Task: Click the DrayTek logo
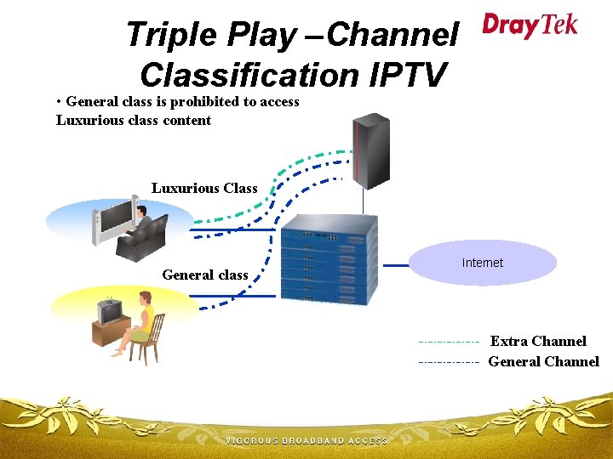coord(530,25)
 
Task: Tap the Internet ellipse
coord(483,263)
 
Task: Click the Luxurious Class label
coord(204,188)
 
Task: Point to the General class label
coord(204,275)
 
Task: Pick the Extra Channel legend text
coord(538,341)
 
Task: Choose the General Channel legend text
coord(543,361)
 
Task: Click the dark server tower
coord(372,150)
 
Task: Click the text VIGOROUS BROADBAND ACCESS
coord(306,441)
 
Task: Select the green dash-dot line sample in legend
coord(448,342)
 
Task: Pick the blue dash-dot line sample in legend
coord(448,362)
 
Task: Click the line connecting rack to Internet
coord(396,265)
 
